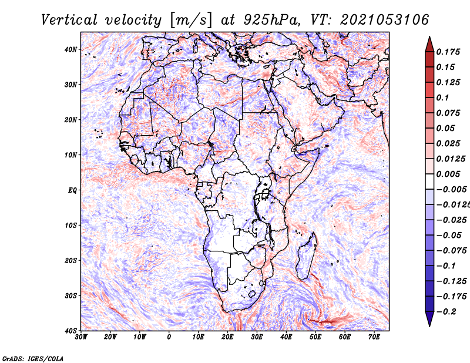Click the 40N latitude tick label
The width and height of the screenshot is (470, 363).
(70, 49)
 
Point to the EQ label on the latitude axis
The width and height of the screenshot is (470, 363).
(72, 190)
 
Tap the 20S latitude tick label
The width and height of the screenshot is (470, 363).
(70, 260)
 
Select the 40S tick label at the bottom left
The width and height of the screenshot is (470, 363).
(70, 331)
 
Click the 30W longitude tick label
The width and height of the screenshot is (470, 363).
(81, 337)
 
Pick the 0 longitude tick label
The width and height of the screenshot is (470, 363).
(169, 337)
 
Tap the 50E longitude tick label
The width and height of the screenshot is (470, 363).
(315, 337)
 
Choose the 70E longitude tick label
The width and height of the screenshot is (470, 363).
(374, 337)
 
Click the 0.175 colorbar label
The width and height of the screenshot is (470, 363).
(448, 52)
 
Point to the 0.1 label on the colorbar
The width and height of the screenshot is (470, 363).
(443, 98)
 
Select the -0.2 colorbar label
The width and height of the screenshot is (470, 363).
(446, 312)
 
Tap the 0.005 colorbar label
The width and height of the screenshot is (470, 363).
(448, 174)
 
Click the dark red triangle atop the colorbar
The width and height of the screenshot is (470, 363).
(429, 45)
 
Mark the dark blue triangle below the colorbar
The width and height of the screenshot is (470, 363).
(429, 318)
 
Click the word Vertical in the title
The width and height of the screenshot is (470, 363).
(69, 20)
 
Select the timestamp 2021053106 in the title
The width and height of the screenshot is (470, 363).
(385, 20)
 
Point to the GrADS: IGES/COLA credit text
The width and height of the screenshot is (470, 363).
(33, 358)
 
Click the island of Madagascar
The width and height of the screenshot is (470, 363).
(306, 257)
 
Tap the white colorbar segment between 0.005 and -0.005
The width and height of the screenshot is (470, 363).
(429, 181)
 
